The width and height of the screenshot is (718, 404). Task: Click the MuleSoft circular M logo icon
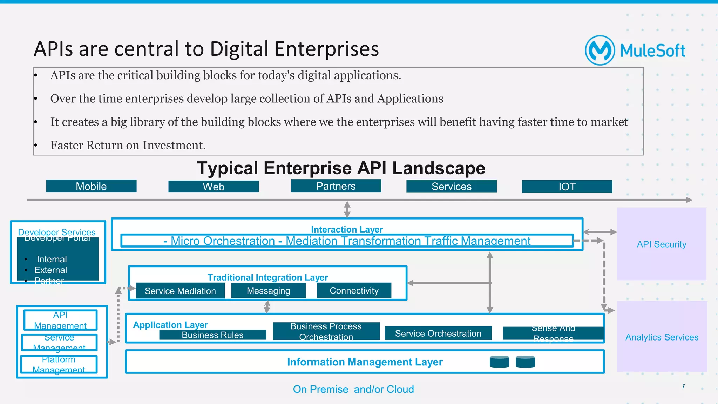(600, 50)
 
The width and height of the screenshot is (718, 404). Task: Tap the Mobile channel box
(91, 186)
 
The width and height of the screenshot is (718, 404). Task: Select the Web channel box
(214, 187)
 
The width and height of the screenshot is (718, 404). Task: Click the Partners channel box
(336, 186)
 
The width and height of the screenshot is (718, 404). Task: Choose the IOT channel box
(567, 187)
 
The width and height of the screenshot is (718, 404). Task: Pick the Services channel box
(451, 186)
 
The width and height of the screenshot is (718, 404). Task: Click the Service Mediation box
(180, 291)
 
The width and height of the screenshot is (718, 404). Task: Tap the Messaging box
(268, 291)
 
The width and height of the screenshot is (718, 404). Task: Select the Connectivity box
(354, 290)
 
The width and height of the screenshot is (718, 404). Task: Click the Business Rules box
(212, 335)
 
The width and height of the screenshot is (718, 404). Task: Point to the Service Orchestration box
(438, 333)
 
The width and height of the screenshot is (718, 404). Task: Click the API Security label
(662, 244)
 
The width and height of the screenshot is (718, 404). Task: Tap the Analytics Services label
(662, 337)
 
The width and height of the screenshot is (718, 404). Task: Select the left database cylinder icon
(499, 362)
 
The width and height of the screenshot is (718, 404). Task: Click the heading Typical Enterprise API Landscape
(341, 168)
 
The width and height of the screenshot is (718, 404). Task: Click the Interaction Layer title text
(347, 229)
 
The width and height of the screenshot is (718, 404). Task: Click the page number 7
(683, 386)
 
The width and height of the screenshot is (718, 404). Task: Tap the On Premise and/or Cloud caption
(353, 389)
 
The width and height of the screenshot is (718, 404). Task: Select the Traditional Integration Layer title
(267, 277)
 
